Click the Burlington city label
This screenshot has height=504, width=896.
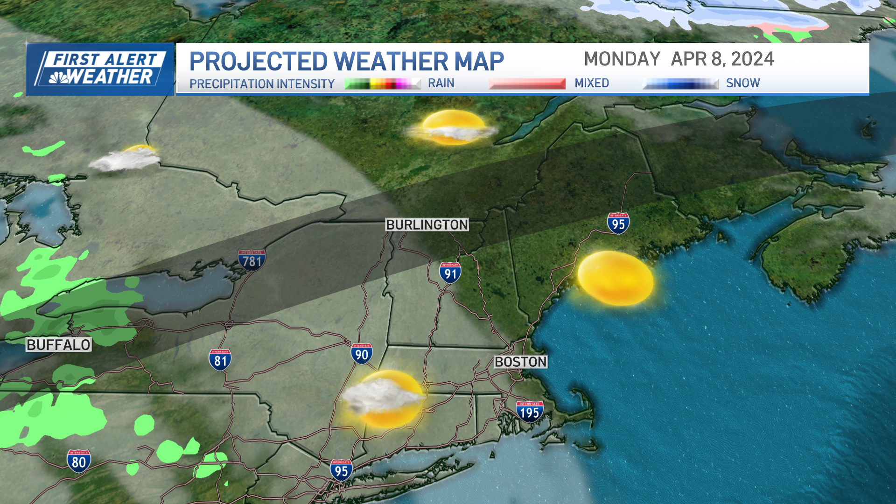[427, 225]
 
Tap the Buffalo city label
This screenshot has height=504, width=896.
[58, 345]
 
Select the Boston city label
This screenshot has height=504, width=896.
[520, 362]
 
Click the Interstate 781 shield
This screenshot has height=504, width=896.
[252, 260]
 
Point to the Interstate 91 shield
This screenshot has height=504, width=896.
[450, 273]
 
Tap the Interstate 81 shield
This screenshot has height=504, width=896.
[220, 360]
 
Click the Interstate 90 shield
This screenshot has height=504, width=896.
[362, 354]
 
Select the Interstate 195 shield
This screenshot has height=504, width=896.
[530, 412]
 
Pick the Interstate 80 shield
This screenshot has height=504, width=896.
[79, 461]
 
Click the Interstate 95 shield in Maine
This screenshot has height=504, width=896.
[618, 223]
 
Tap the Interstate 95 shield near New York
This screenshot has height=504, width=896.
[341, 470]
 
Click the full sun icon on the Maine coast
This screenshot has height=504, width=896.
[616, 278]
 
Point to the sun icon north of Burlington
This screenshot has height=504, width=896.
[452, 127]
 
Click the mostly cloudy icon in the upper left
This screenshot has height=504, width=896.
[126, 158]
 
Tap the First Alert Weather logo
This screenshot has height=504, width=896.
[100, 69]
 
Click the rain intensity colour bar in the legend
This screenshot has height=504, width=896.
[382, 84]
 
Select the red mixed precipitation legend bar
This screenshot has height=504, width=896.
[527, 84]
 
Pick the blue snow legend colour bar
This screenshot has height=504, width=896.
[680, 84]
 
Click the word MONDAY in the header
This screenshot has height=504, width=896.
[622, 59]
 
